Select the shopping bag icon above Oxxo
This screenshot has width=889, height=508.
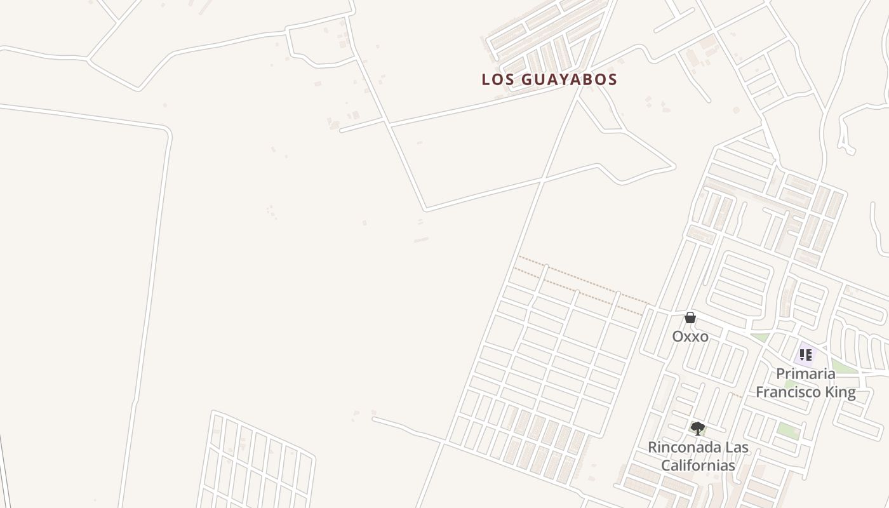point(690,317)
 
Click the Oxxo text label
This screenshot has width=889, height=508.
point(690,336)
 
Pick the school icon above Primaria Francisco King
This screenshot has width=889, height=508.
point(805,355)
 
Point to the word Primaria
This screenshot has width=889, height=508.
point(805,373)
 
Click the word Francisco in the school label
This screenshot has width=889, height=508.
point(787,392)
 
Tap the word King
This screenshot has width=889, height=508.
point(839,392)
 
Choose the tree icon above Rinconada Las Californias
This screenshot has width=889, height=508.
point(697,429)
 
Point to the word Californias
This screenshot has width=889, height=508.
point(698,465)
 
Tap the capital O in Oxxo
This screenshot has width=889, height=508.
point(678,336)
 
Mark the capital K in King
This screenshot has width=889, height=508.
point(829,392)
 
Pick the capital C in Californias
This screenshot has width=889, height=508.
point(666,465)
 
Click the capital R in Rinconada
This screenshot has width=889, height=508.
point(652,447)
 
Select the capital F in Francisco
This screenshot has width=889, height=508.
point(759,392)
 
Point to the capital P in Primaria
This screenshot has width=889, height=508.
point(780,373)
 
